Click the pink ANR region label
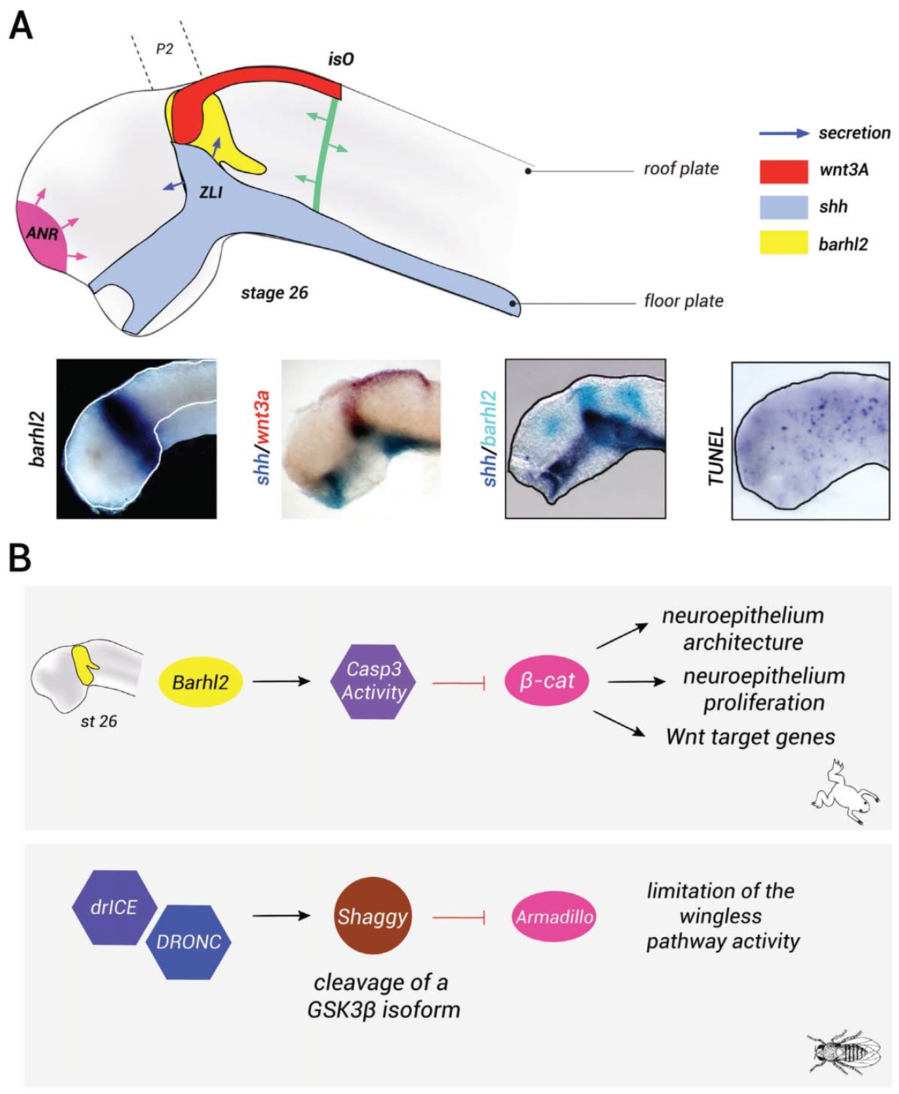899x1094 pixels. tap(42, 234)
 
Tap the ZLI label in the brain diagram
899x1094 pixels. tap(211, 193)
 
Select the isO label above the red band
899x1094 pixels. tap(341, 60)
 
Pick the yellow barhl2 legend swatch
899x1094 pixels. tap(784, 243)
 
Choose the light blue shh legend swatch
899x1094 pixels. tap(784, 207)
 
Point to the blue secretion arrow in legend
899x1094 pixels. tap(784, 134)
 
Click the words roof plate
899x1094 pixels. tap(681, 168)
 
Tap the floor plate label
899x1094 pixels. tap(684, 301)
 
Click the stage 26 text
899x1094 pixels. tap(274, 293)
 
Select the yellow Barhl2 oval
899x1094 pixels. tap(200, 681)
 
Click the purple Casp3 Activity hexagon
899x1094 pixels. tap(373, 681)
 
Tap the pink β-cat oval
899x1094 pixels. tap(547, 681)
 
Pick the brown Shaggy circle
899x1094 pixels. tap(372, 917)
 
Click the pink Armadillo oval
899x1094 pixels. tap(554, 917)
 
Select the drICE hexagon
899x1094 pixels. tap(114, 907)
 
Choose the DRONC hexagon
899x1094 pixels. tap(189, 942)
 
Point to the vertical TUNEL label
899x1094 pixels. tap(716, 457)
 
